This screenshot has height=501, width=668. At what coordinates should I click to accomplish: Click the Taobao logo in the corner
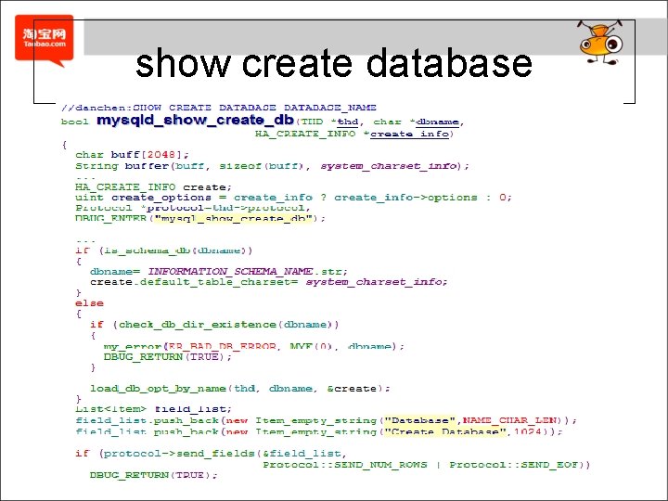point(45,40)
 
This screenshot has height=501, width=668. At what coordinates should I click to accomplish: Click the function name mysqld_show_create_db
point(195,121)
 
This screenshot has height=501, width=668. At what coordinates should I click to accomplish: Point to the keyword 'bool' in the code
point(75,122)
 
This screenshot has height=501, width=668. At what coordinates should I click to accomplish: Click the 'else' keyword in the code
point(90,302)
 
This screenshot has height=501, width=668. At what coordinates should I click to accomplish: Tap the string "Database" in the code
point(420,420)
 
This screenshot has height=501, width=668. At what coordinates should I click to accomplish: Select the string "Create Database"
point(448,431)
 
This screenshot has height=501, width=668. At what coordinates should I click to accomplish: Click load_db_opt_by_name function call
point(158,388)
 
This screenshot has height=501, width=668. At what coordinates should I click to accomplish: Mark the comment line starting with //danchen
point(219,108)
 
